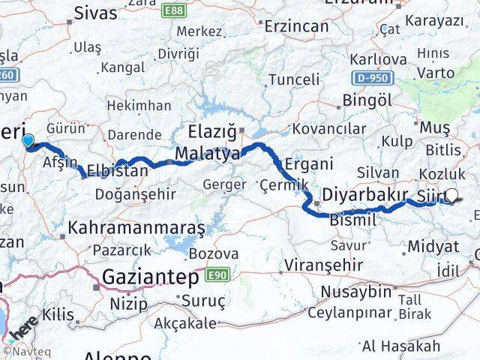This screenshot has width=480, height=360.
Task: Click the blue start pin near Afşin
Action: (28, 140)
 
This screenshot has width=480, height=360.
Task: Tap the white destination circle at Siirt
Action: (451, 196)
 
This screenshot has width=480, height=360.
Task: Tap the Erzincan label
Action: (298, 26)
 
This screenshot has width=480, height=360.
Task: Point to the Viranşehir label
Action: (318, 266)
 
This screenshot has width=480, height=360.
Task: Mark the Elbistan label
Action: (117, 169)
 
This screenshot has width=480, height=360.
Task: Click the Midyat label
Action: (433, 246)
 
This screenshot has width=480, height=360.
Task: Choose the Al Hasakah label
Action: (400, 346)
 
